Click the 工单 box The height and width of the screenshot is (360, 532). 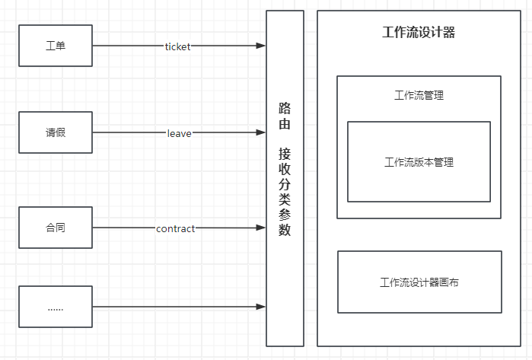(x=55, y=46)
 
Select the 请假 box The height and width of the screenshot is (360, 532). (x=55, y=133)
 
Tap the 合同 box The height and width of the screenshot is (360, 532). (x=55, y=228)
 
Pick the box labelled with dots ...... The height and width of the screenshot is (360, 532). (x=55, y=307)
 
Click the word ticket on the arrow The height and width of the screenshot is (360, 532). (x=178, y=46)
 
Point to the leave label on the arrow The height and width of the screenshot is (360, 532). (x=180, y=133)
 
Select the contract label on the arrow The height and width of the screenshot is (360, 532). (x=176, y=228)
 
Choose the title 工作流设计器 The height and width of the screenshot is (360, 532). (x=419, y=33)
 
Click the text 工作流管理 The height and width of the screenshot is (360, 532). (x=419, y=96)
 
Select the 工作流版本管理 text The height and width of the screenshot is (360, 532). (x=419, y=162)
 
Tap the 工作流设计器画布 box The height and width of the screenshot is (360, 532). (x=419, y=282)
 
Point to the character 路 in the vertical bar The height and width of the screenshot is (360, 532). (x=285, y=107)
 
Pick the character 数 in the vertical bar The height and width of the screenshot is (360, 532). (x=285, y=230)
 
